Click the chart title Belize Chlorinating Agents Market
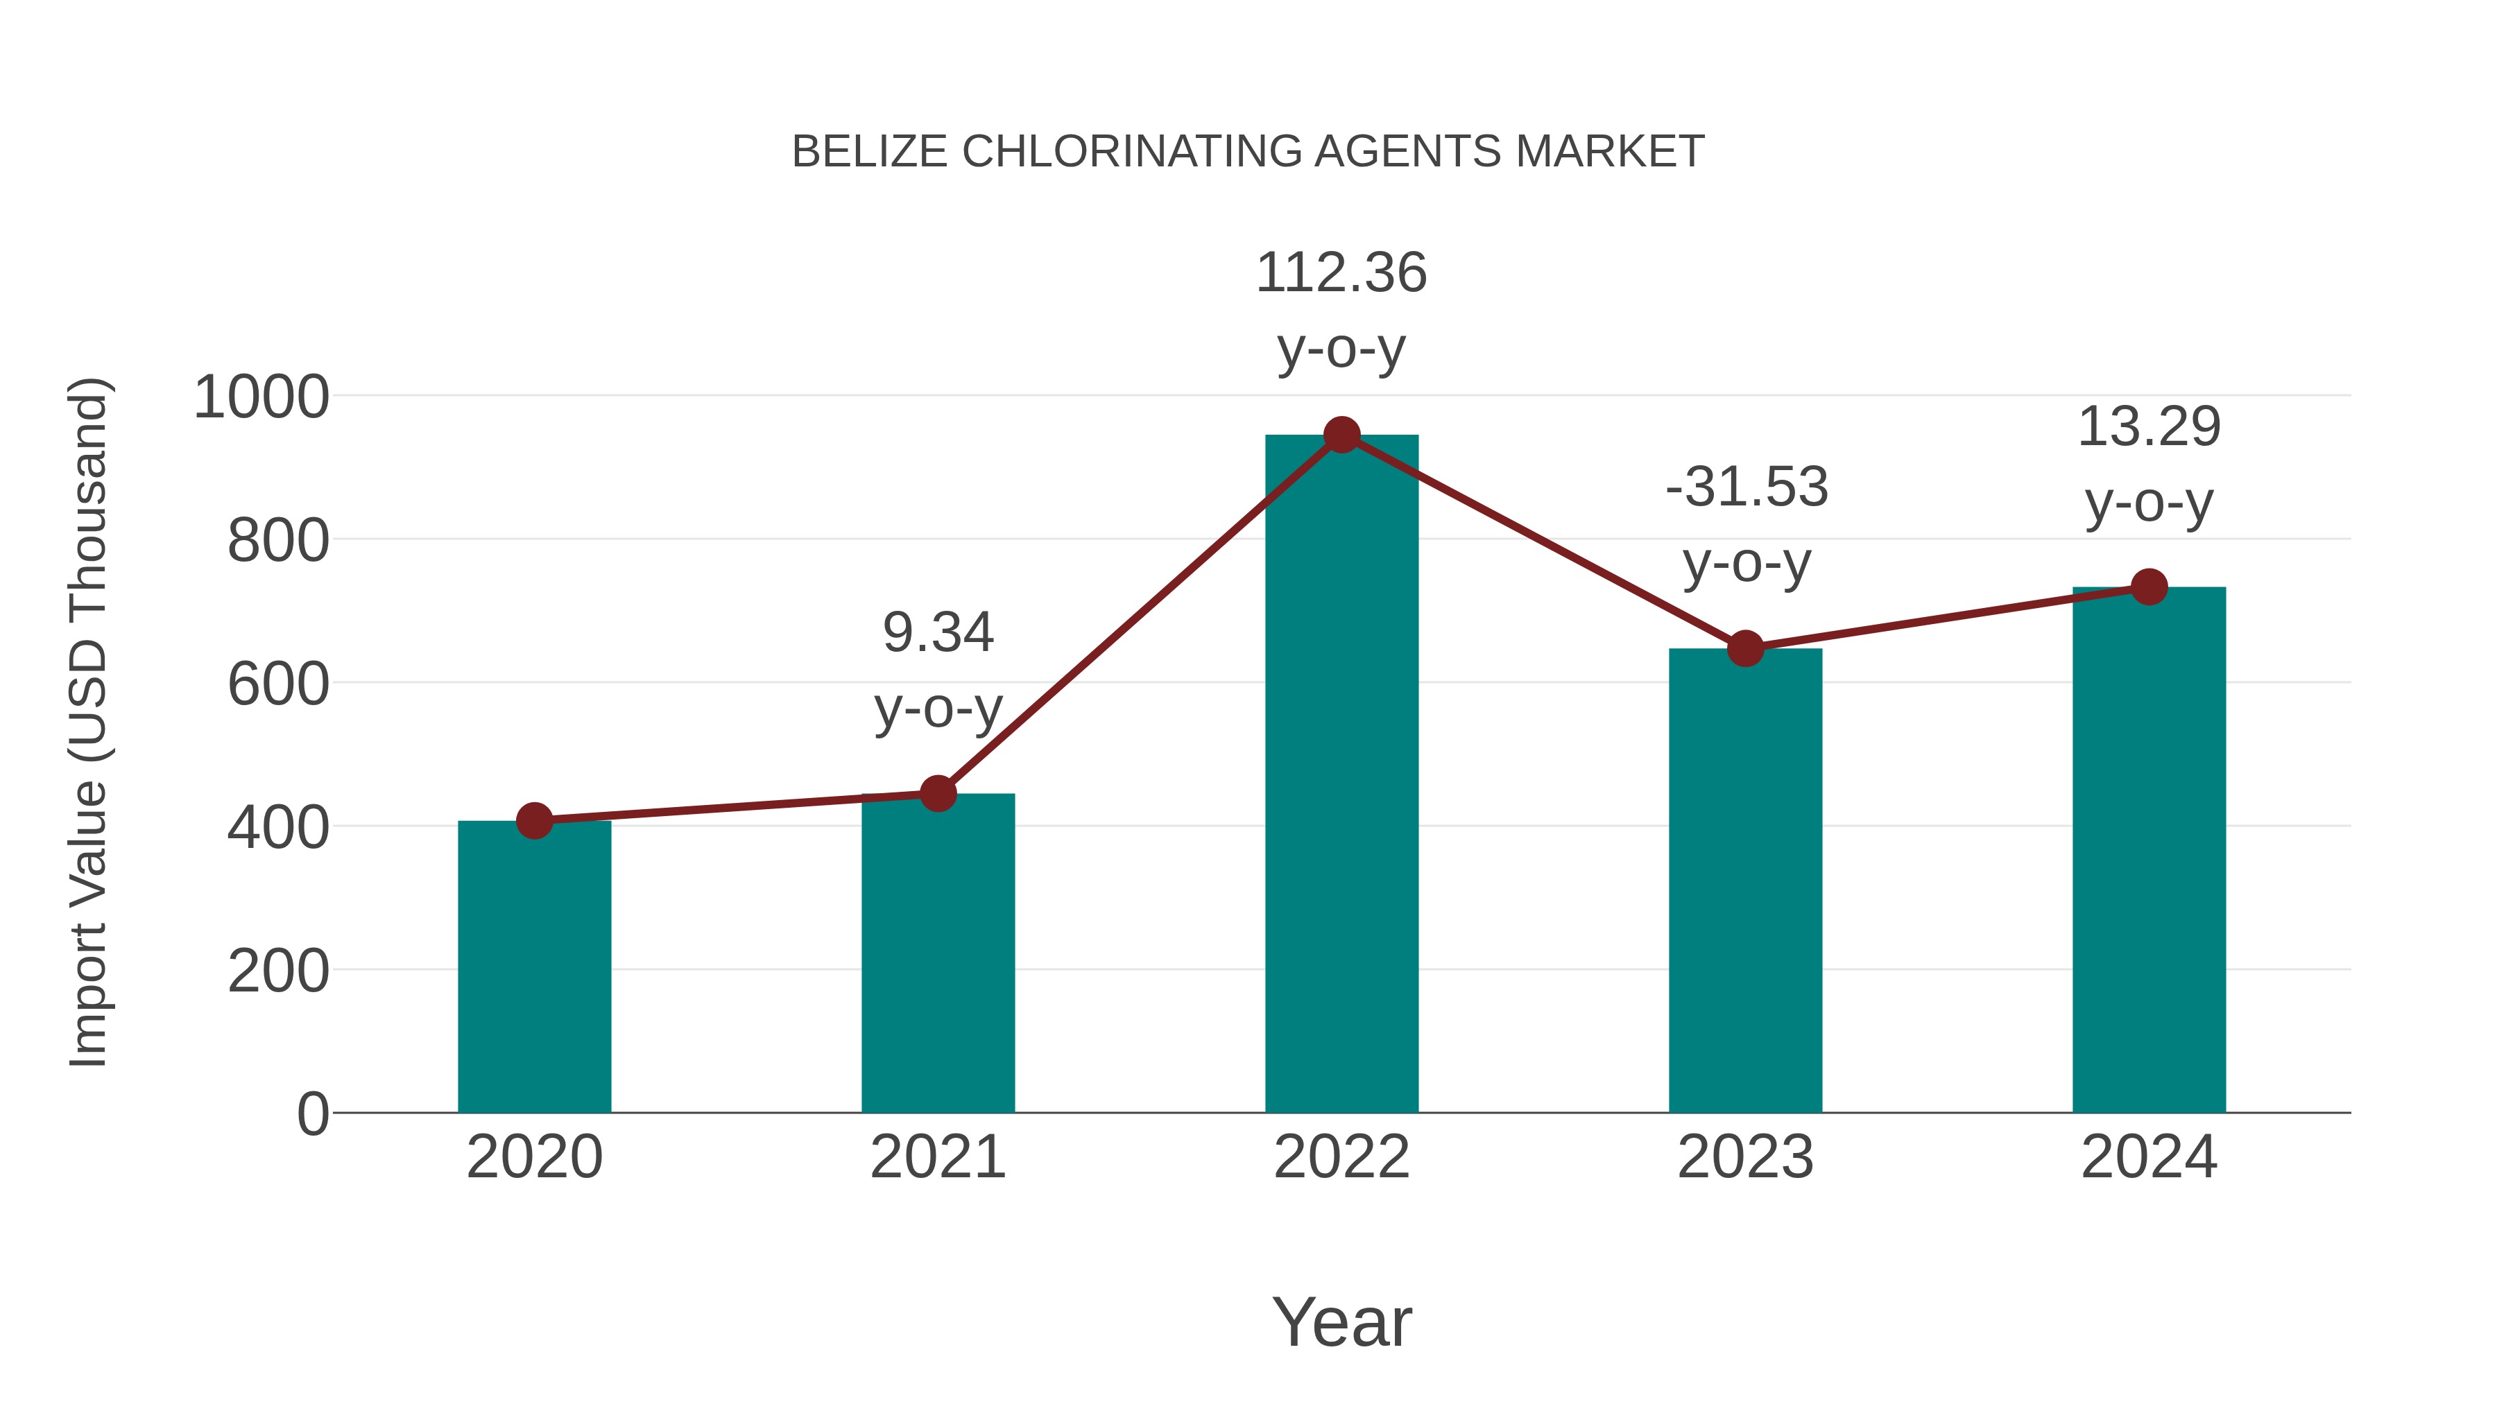click(1248, 152)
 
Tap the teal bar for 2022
click(1341, 774)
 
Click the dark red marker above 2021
click(937, 794)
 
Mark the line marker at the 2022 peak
click(1341, 435)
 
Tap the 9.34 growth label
click(937, 670)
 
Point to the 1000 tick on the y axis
click(261, 397)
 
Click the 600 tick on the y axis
click(278, 684)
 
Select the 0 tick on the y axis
click(312, 1113)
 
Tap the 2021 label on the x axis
click(937, 1157)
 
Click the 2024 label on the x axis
click(2149, 1157)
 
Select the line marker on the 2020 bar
click(534, 821)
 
